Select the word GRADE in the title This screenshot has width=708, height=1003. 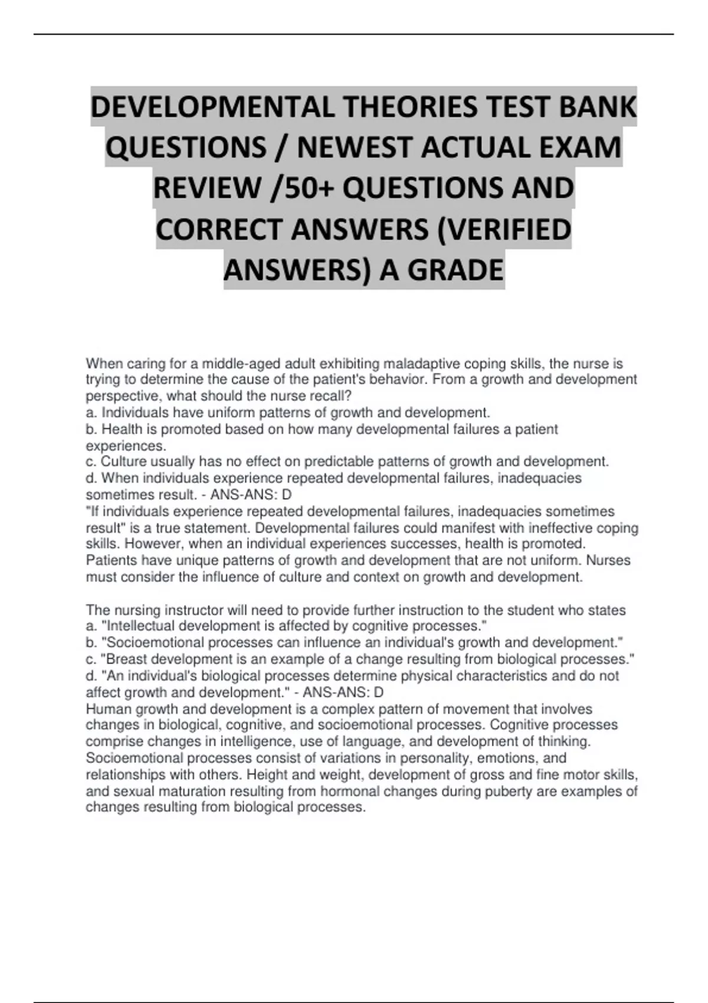click(455, 270)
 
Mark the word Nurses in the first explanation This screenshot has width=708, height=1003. click(608, 560)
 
